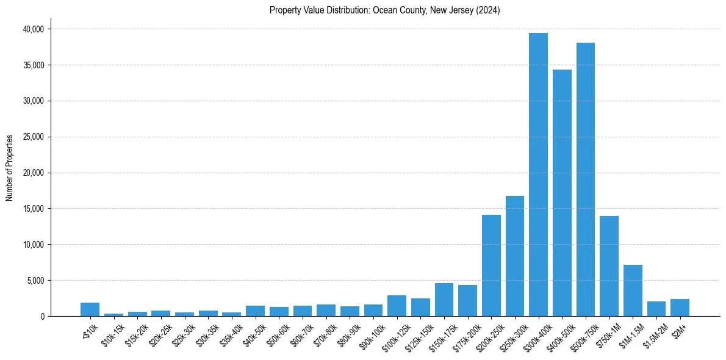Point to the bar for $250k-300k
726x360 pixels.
[514, 257]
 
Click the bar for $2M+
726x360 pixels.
[680, 308]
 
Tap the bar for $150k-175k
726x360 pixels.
[444, 300]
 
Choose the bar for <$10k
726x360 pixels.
[90, 309]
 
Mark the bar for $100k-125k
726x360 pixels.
[397, 306]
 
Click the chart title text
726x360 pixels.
[384, 10]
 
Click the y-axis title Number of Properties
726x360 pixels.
[10, 167]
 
